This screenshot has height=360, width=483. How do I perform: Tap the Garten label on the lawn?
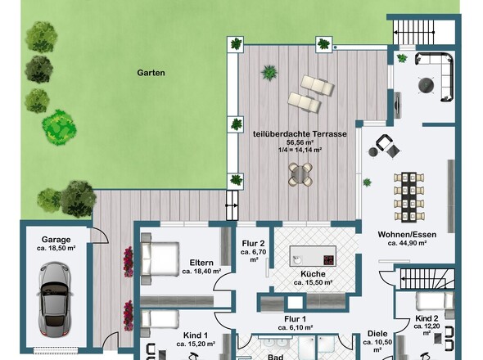pos(151,73)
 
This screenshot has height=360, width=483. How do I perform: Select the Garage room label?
pos(56,240)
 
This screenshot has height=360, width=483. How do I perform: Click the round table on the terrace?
pos(300,174)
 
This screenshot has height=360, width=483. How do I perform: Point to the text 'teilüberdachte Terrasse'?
pos(300,134)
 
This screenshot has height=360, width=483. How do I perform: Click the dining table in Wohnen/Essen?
pos(409,197)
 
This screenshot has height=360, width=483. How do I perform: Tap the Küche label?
pos(313,274)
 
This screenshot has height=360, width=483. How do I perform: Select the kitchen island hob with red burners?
pos(329,260)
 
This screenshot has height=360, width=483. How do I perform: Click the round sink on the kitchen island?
pos(297,259)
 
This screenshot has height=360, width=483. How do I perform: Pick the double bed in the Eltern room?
pos(160,259)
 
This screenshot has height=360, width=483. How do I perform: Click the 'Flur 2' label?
pos(253,244)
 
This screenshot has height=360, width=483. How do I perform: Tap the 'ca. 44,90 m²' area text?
pos(407,243)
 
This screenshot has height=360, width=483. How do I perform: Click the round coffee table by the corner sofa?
pos(426,85)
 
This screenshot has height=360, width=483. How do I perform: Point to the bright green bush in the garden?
pos(59,128)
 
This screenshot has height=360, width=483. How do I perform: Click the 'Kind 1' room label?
pos(196,335)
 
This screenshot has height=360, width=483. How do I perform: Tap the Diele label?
pos(377,334)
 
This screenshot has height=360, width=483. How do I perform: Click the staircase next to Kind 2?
pos(427,279)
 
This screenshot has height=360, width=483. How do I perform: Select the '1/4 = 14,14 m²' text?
pos(300,150)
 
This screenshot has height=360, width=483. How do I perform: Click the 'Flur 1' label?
pos(295,319)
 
